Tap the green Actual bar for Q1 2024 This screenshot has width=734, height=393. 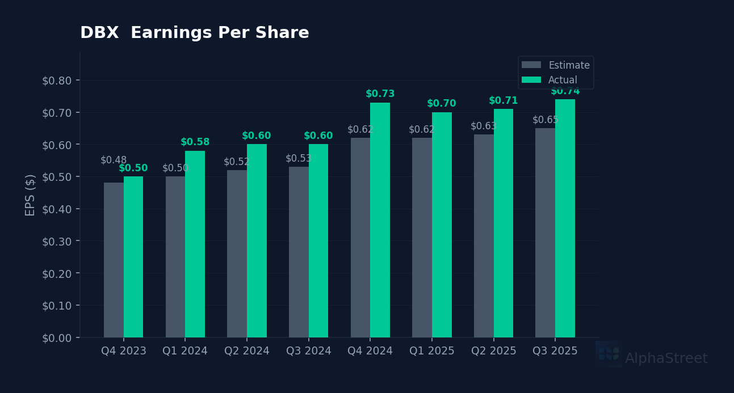pos(195,244)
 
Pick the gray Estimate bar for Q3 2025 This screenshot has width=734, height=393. pos(545,233)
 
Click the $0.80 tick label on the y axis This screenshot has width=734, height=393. pos(57,81)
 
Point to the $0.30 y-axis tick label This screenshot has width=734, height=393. pos(57,241)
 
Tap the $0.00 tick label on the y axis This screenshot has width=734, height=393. pos(57,338)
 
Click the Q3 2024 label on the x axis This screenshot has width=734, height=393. pos(308,351)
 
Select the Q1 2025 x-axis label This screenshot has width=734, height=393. pos(432,351)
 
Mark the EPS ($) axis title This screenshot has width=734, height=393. pos(31,195)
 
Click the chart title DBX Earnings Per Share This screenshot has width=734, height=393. pos(195,33)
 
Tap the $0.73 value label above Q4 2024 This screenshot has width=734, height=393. pos(380,94)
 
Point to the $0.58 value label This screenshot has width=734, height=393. pos(195,142)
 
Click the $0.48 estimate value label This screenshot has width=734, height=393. pos(114,160)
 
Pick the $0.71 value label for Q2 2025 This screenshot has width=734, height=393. pos(503,101)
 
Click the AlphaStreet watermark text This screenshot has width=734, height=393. pos(666,359)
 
